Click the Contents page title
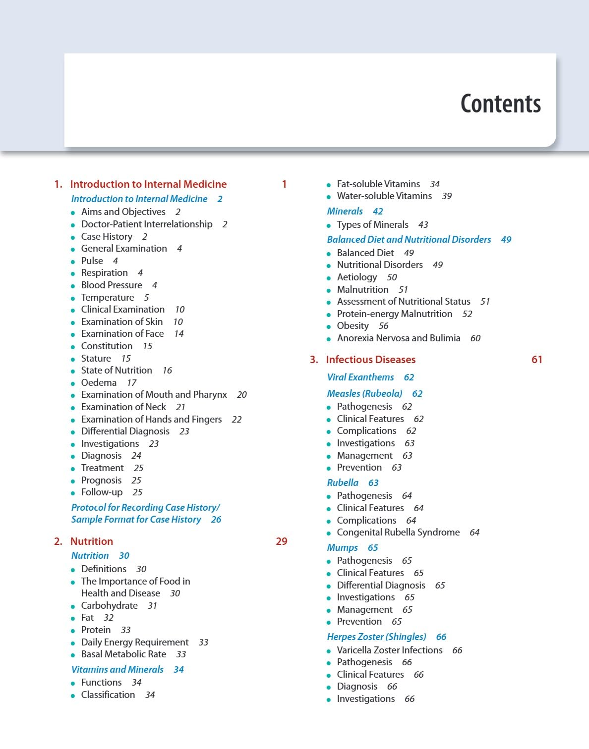[x=500, y=104]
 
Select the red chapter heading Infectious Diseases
[x=370, y=360]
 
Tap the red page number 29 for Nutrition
[x=281, y=541]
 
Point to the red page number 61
[x=536, y=360]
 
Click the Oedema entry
[x=99, y=383]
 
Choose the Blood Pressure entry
[x=112, y=285]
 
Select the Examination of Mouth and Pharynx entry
[x=154, y=395]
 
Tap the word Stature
[x=96, y=359]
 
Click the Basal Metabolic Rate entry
[x=123, y=654]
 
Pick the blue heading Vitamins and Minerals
[x=117, y=670]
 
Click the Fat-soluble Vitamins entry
[x=378, y=184]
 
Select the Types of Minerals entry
[x=372, y=225]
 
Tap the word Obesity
[x=353, y=326]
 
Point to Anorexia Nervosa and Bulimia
[x=399, y=338]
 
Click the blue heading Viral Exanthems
[x=360, y=377]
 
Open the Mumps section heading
[x=342, y=548]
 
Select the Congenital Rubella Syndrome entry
[x=398, y=533]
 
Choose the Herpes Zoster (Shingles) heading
[x=376, y=637]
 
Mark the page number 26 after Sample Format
[x=216, y=520]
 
